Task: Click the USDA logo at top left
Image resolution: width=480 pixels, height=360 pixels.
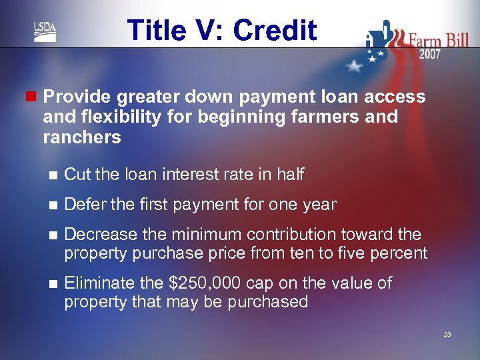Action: (x=45, y=32)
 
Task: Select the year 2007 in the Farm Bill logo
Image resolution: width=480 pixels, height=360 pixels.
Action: (x=429, y=54)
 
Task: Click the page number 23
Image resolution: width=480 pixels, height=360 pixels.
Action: (x=447, y=334)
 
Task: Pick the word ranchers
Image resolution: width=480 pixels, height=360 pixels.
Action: (x=82, y=137)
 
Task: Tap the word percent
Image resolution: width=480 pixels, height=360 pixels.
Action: (x=402, y=253)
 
